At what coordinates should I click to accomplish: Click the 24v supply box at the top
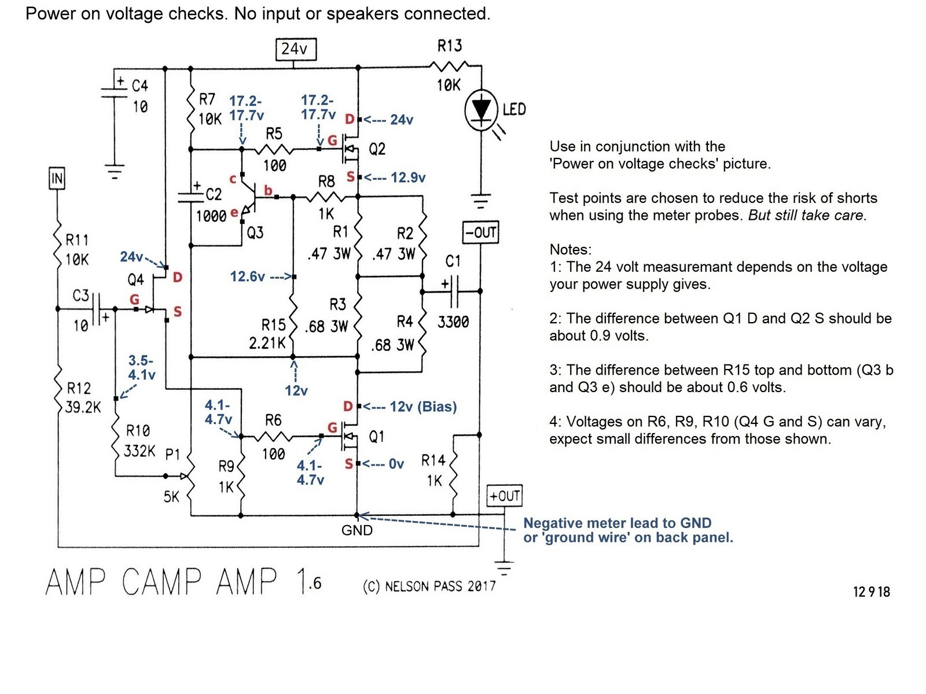[x=295, y=49]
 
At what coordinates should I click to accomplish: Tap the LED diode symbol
[x=481, y=109]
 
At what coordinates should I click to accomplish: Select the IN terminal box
[x=57, y=178]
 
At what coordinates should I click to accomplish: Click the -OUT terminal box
[x=480, y=232]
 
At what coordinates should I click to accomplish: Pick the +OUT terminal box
[x=505, y=496]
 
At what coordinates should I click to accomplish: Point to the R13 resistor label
[x=450, y=46]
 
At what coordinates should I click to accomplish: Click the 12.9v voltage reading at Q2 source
[x=408, y=178]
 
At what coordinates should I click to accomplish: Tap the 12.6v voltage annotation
[x=247, y=276]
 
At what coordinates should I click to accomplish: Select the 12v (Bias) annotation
[x=423, y=407]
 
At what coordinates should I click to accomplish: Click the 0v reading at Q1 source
[x=396, y=464]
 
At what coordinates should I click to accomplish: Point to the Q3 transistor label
[x=255, y=232]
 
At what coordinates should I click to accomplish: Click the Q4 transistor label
[x=135, y=279]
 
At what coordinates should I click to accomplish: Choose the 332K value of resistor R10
[x=139, y=451]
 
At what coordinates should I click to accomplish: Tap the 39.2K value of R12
[x=83, y=408]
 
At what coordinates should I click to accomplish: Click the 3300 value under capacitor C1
[x=453, y=322]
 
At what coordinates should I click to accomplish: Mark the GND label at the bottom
[x=357, y=530]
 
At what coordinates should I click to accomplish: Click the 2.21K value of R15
[x=267, y=344]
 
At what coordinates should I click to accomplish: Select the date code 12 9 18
[x=871, y=592]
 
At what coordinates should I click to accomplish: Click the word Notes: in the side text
[x=571, y=249]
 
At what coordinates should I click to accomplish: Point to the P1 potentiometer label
[x=172, y=454]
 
